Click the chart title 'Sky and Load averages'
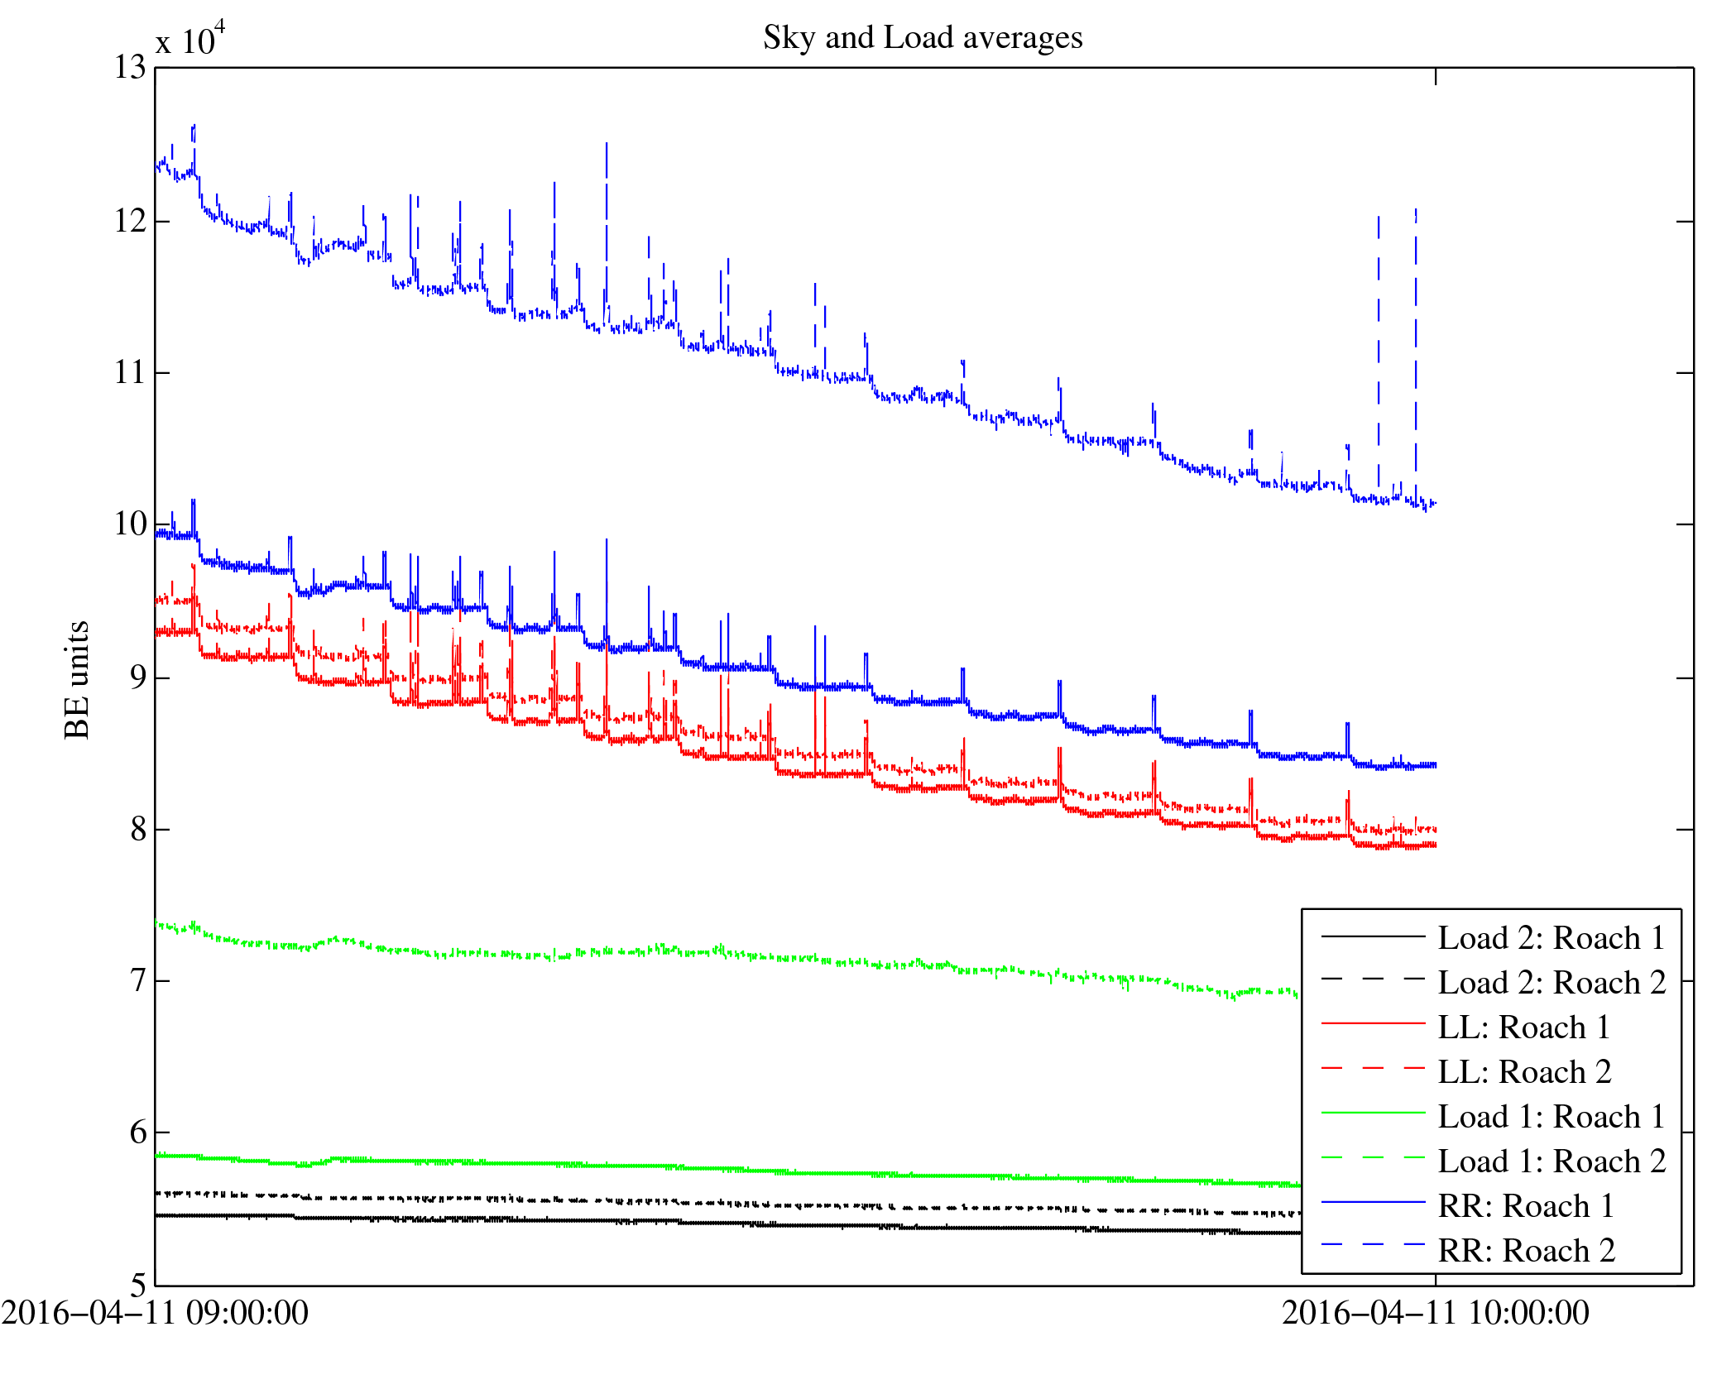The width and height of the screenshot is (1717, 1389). coord(923,38)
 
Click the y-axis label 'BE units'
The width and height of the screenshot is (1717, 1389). coord(77,679)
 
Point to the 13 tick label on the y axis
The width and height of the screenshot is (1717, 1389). coord(130,68)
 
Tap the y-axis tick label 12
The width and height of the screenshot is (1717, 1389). coord(130,221)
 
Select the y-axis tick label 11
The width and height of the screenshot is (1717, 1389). coord(130,373)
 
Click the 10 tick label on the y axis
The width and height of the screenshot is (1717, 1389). coord(130,524)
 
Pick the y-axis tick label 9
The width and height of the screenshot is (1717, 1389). coord(138,678)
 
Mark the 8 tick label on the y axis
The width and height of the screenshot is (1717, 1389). coord(138,829)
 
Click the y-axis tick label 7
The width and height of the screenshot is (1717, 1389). coord(138,981)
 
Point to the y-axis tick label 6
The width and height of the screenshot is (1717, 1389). coord(138,1133)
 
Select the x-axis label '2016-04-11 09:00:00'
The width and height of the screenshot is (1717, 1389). coord(155,1313)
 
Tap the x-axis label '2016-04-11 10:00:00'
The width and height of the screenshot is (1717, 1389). coord(1436,1313)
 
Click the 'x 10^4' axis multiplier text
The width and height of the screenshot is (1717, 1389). coord(189,40)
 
